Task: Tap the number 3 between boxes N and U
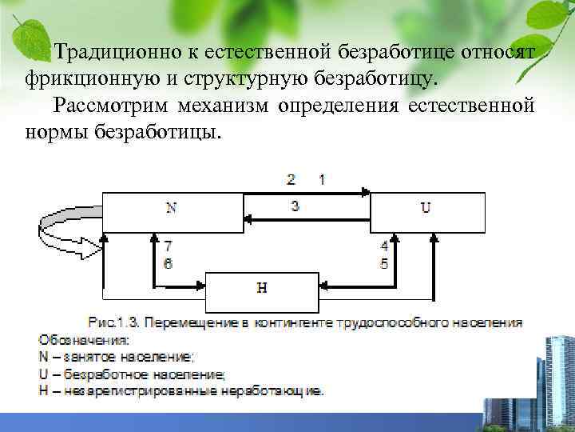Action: (x=295, y=206)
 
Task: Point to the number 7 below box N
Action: (x=167, y=246)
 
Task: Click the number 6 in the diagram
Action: (x=167, y=262)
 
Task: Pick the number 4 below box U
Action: (x=384, y=246)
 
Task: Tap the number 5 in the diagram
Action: (x=384, y=262)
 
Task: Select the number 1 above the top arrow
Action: (x=321, y=179)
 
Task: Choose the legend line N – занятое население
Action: (x=116, y=357)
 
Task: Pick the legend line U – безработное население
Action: (x=132, y=374)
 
